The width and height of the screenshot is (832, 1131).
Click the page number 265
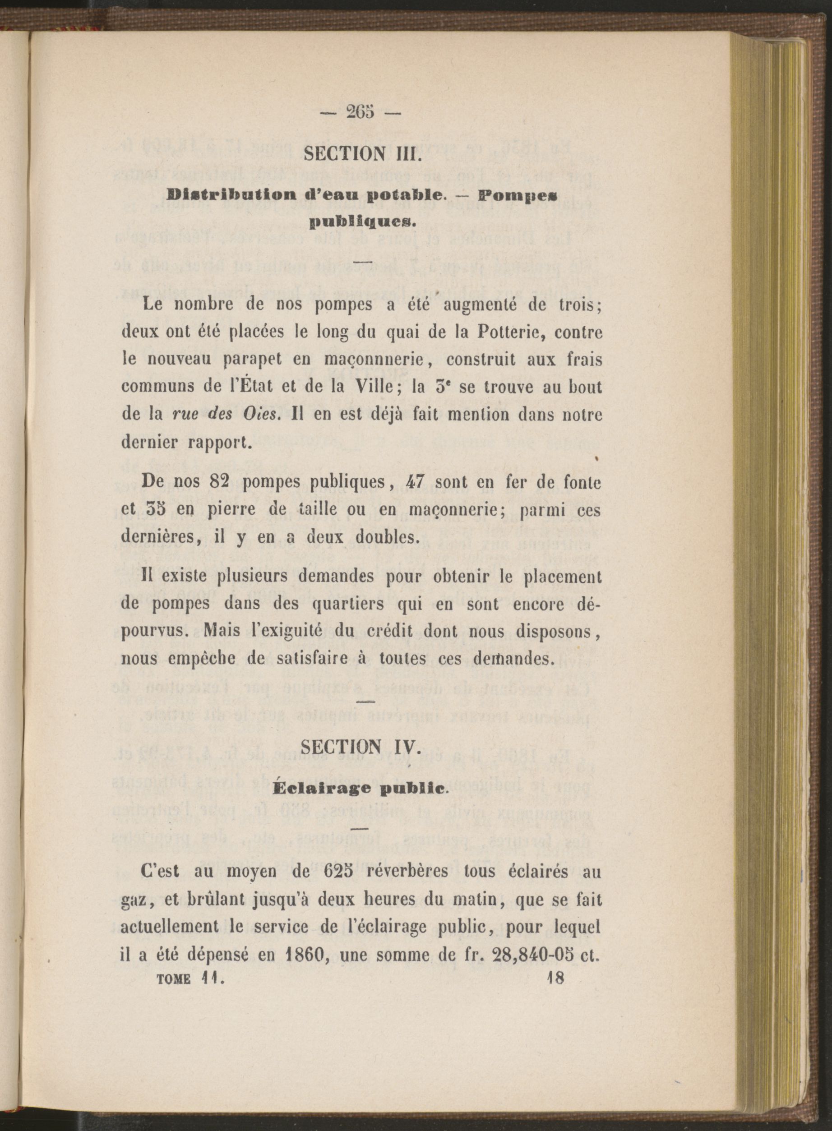361,112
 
